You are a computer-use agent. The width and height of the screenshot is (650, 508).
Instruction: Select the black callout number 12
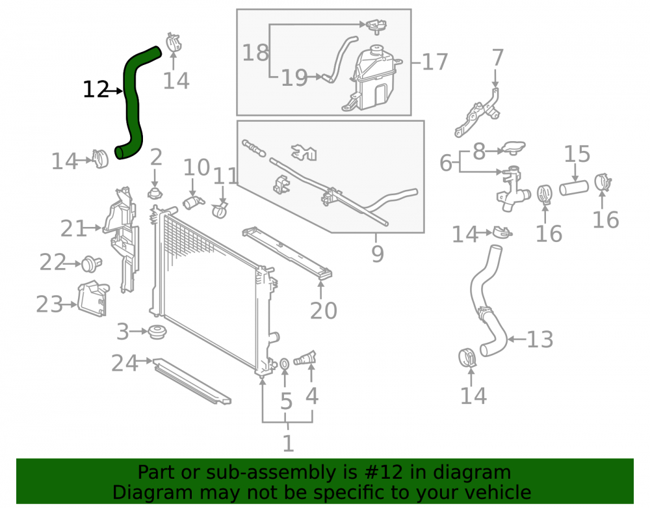pos(96,90)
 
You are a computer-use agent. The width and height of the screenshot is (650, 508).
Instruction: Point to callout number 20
pos(324,310)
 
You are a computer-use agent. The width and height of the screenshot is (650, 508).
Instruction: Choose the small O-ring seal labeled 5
pos(285,364)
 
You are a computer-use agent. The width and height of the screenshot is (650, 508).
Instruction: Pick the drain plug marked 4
pos(305,358)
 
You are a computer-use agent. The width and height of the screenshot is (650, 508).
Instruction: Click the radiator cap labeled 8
pos(513,148)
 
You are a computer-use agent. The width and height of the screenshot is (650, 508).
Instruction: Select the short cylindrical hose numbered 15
pos(574,187)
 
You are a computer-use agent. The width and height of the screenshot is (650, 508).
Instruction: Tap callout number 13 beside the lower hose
pos(539,340)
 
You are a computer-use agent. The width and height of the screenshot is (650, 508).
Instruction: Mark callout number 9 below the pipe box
pos(377,254)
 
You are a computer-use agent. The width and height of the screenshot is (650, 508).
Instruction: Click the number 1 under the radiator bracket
pos(288,444)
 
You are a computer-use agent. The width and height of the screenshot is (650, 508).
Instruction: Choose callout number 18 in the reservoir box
pos(255,53)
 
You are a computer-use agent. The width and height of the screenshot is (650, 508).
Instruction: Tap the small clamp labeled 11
pos(220,210)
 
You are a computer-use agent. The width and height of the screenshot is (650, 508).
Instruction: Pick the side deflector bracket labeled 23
pos(94,299)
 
